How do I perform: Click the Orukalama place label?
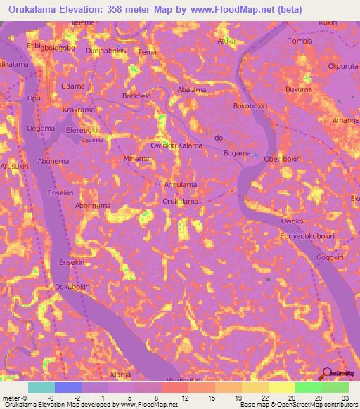[180, 202]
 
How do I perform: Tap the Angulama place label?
[180, 184]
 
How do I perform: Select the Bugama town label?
[237, 152]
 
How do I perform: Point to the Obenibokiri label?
[282, 160]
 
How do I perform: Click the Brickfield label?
[136, 95]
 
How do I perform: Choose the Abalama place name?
[192, 91]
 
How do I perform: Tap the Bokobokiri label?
[252, 106]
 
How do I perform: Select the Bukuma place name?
[299, 90]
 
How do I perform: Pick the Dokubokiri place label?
[72, 287]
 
